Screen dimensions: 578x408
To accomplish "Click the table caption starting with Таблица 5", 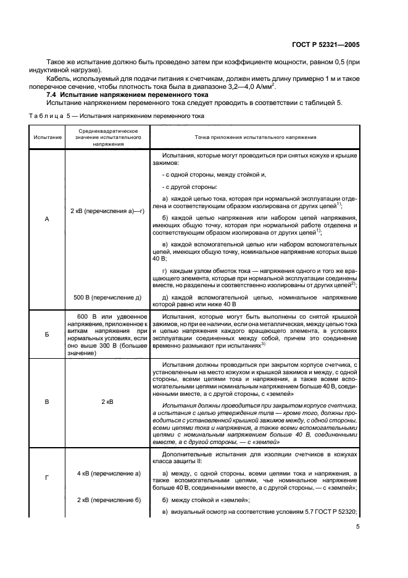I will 113,115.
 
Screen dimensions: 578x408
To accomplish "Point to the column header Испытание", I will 47,136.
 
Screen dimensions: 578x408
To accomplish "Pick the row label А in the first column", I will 47,219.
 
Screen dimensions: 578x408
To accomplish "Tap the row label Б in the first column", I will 47,333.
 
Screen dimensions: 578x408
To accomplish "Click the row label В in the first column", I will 47,401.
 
